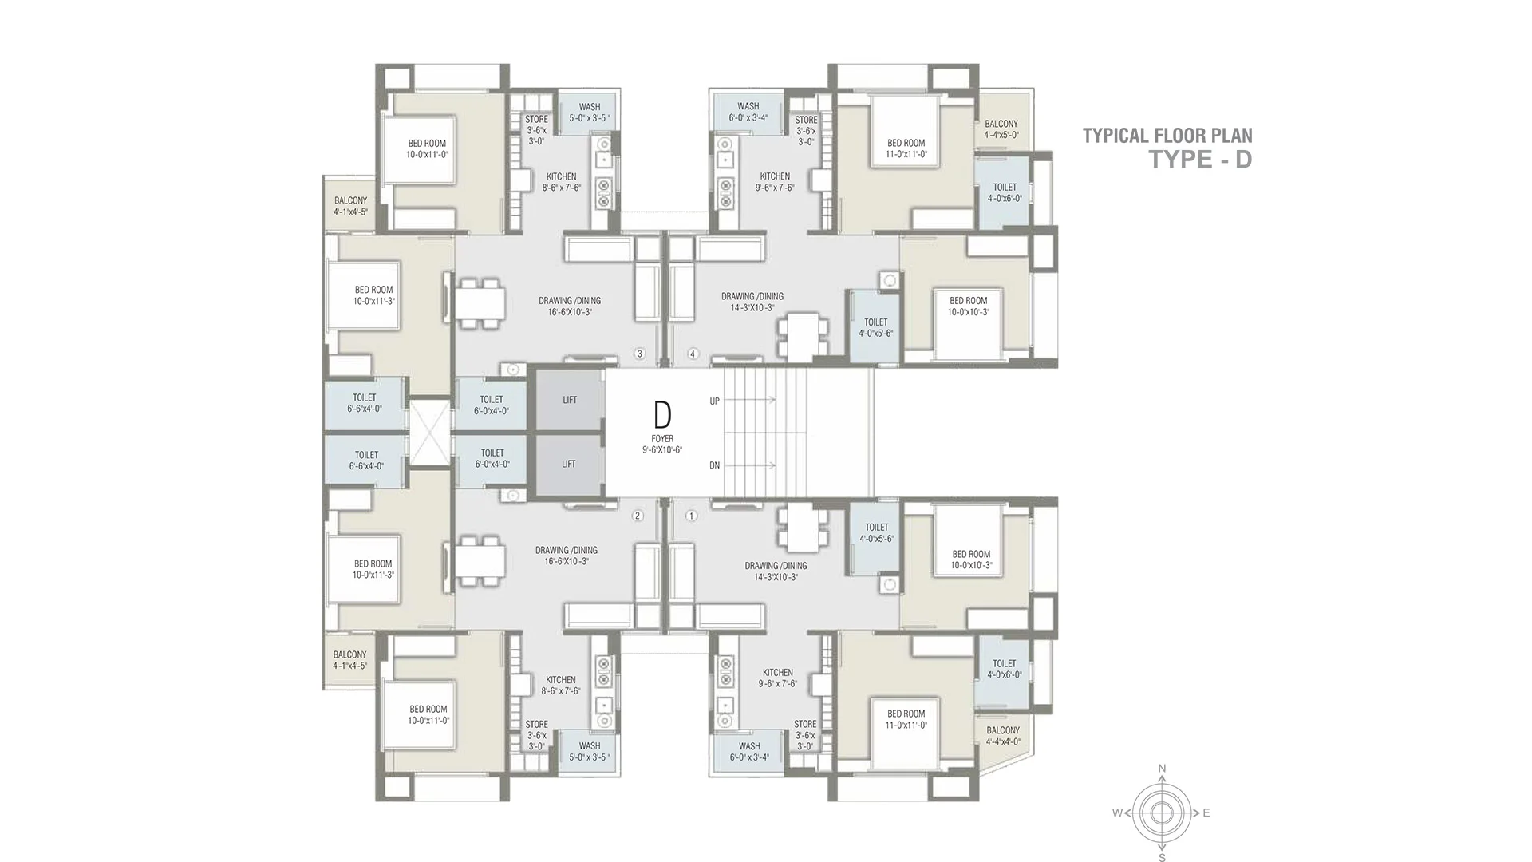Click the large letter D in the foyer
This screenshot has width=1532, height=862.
pos(662,415)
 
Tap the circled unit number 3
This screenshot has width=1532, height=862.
pos(638,354)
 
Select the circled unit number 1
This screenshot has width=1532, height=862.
pos(691,516)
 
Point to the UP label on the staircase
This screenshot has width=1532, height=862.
pos(714,401)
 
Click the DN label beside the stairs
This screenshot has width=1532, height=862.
pos(714,465)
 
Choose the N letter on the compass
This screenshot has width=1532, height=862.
pos(1162,769)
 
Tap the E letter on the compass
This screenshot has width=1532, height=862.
pos(1206,813)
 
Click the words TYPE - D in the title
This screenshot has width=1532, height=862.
pos(1199,160)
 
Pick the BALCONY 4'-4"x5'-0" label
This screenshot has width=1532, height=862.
pos(1001,129)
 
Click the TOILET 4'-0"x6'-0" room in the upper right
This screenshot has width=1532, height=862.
pos(1005,192)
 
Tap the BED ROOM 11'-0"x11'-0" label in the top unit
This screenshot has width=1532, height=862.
pos(906,148)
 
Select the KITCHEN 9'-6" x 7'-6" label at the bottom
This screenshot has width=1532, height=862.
pos(777,678)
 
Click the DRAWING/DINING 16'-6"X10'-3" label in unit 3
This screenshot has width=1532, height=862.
pos(570,306)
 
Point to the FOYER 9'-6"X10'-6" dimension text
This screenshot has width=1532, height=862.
pos(662,445)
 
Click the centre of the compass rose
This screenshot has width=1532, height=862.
pos(1162,813)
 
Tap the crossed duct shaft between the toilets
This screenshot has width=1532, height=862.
pos(429,431)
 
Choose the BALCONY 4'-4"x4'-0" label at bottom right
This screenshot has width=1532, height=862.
pos(1003,736)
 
